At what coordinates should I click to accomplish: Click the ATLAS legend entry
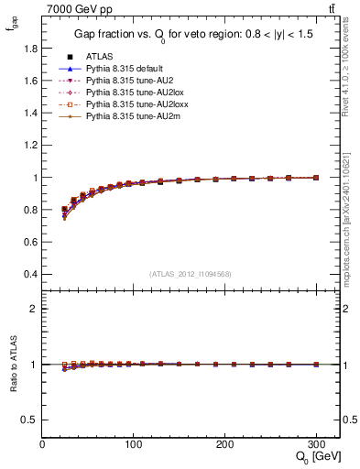click(101, 56)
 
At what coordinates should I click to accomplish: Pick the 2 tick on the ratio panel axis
click(33, 309)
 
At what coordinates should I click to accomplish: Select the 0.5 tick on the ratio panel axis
click(29, 420)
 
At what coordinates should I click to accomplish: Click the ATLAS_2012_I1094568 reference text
click(191, 274)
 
